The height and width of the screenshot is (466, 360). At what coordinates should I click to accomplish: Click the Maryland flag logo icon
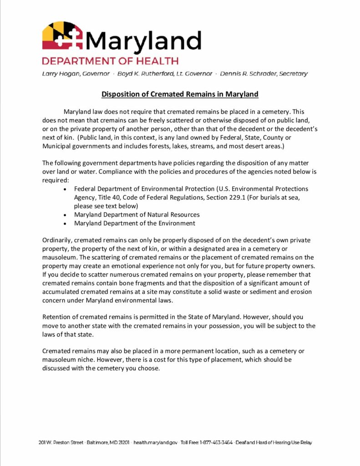pos(62,36)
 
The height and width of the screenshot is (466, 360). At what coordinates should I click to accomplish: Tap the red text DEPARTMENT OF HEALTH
pos(110,61)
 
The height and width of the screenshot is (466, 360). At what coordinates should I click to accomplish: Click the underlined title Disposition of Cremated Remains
pos(180,94)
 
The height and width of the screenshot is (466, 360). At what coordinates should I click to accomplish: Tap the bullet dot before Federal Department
pos(66,189)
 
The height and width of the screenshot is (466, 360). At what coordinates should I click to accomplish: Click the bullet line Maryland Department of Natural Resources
pos(137,214)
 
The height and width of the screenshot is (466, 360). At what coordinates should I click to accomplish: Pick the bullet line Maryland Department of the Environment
pos(134,223)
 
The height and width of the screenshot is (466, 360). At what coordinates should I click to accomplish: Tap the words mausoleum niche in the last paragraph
pos(66,360)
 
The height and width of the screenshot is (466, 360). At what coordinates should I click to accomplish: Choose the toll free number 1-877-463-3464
pos(217,442)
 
